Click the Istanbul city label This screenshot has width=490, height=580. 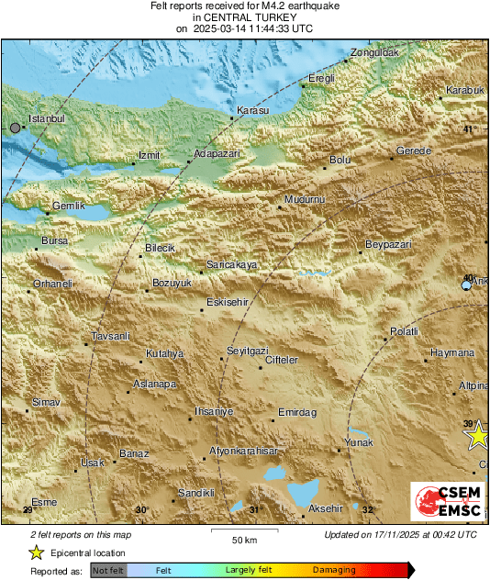tap(47, 119)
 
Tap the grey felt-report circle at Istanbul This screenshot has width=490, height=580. tap(15, 128)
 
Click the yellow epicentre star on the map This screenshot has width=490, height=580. tap(477, 437)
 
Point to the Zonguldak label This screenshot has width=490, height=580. tap(373, 53)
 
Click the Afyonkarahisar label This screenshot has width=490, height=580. tap(244, 451)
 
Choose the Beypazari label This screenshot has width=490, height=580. tap(388, 244)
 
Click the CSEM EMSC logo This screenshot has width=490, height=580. tap(447, 505)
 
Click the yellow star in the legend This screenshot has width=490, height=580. tap(36, 552)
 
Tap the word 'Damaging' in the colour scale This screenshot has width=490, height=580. tap(334, 570)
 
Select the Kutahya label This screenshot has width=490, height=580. tap(165, 354)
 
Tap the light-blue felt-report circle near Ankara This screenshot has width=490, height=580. tap(466, 286)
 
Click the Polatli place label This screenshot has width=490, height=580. tap(404, 331)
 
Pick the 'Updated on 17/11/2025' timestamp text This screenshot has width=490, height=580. tap(400, 534)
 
